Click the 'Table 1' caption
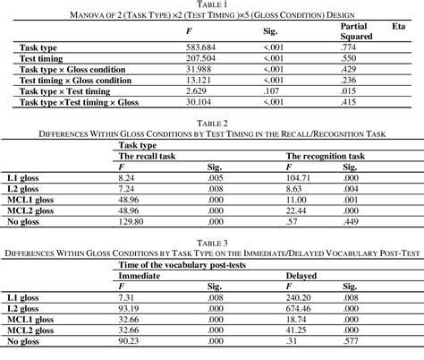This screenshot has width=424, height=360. point(212,5)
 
